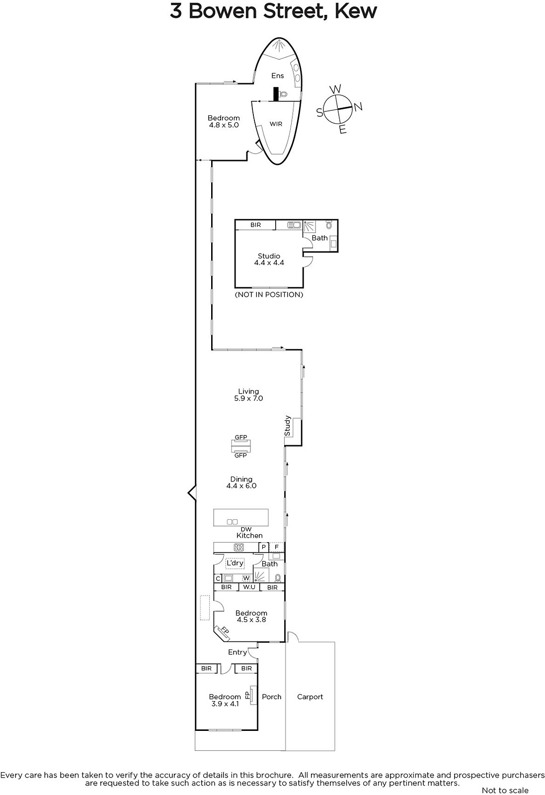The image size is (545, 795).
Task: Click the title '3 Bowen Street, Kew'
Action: click(273, 11)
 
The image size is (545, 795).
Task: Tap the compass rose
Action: click(338, 109)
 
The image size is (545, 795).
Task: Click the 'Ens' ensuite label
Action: click(277, 76)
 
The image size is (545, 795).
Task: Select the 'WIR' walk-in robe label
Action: click(276, 124)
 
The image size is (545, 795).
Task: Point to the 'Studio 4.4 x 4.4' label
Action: click(269, 259)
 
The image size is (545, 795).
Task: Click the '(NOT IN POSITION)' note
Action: click(269, 295)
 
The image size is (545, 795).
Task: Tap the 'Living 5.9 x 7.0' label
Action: click(248, 395)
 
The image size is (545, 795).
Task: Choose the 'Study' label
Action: click(287, 426)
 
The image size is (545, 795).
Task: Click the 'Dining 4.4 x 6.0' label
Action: click(241, 482)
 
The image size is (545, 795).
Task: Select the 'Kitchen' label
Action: click(249, 536)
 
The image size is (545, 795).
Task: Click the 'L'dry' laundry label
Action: click(235, 563)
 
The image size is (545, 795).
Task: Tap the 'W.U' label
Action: click(249, 587)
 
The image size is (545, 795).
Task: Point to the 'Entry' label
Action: click(237, 652)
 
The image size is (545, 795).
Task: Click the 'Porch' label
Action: click(272, 697)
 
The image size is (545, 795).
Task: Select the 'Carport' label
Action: click(310, 697)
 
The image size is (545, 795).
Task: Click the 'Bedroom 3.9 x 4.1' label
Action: click(225, 700)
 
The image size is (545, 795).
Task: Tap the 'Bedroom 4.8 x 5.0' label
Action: click(224, 122)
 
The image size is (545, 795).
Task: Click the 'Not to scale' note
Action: click(505, 791)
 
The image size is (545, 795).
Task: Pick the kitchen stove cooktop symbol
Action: click(239, 548)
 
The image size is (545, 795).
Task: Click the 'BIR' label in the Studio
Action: click(255, 225)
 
